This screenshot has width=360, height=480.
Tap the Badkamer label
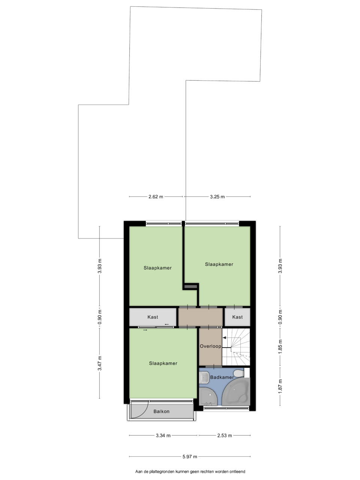pyautogui.click(x=222, y=377)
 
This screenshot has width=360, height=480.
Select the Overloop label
pyautogui.click(x=210, y=346)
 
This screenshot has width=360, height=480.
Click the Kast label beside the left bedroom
pyautogui.click(x=153, y=317)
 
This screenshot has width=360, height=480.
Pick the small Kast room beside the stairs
pyautogui.click(x=237, y=317)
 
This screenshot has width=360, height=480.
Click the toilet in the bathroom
pyautogui.click(x=239, y=373)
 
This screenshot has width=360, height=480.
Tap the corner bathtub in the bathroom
pyautogui.click(x=236, y=391)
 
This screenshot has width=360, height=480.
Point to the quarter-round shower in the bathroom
pyautogui.click(x=208, y=396)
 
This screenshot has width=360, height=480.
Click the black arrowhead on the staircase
pyautogui.click(x=224, y=338)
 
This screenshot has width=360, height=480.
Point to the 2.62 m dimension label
pyautogui.click(x=156, y=196)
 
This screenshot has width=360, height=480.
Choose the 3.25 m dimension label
pyautogui.click(x=217, y=196)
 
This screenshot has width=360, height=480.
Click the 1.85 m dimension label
pyautogui.click(x=280, y=346)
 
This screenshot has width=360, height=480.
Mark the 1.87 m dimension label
pyautogui.click(x=280, y=386)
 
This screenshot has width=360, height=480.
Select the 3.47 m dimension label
pyautogui.click(x=100, y=363)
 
